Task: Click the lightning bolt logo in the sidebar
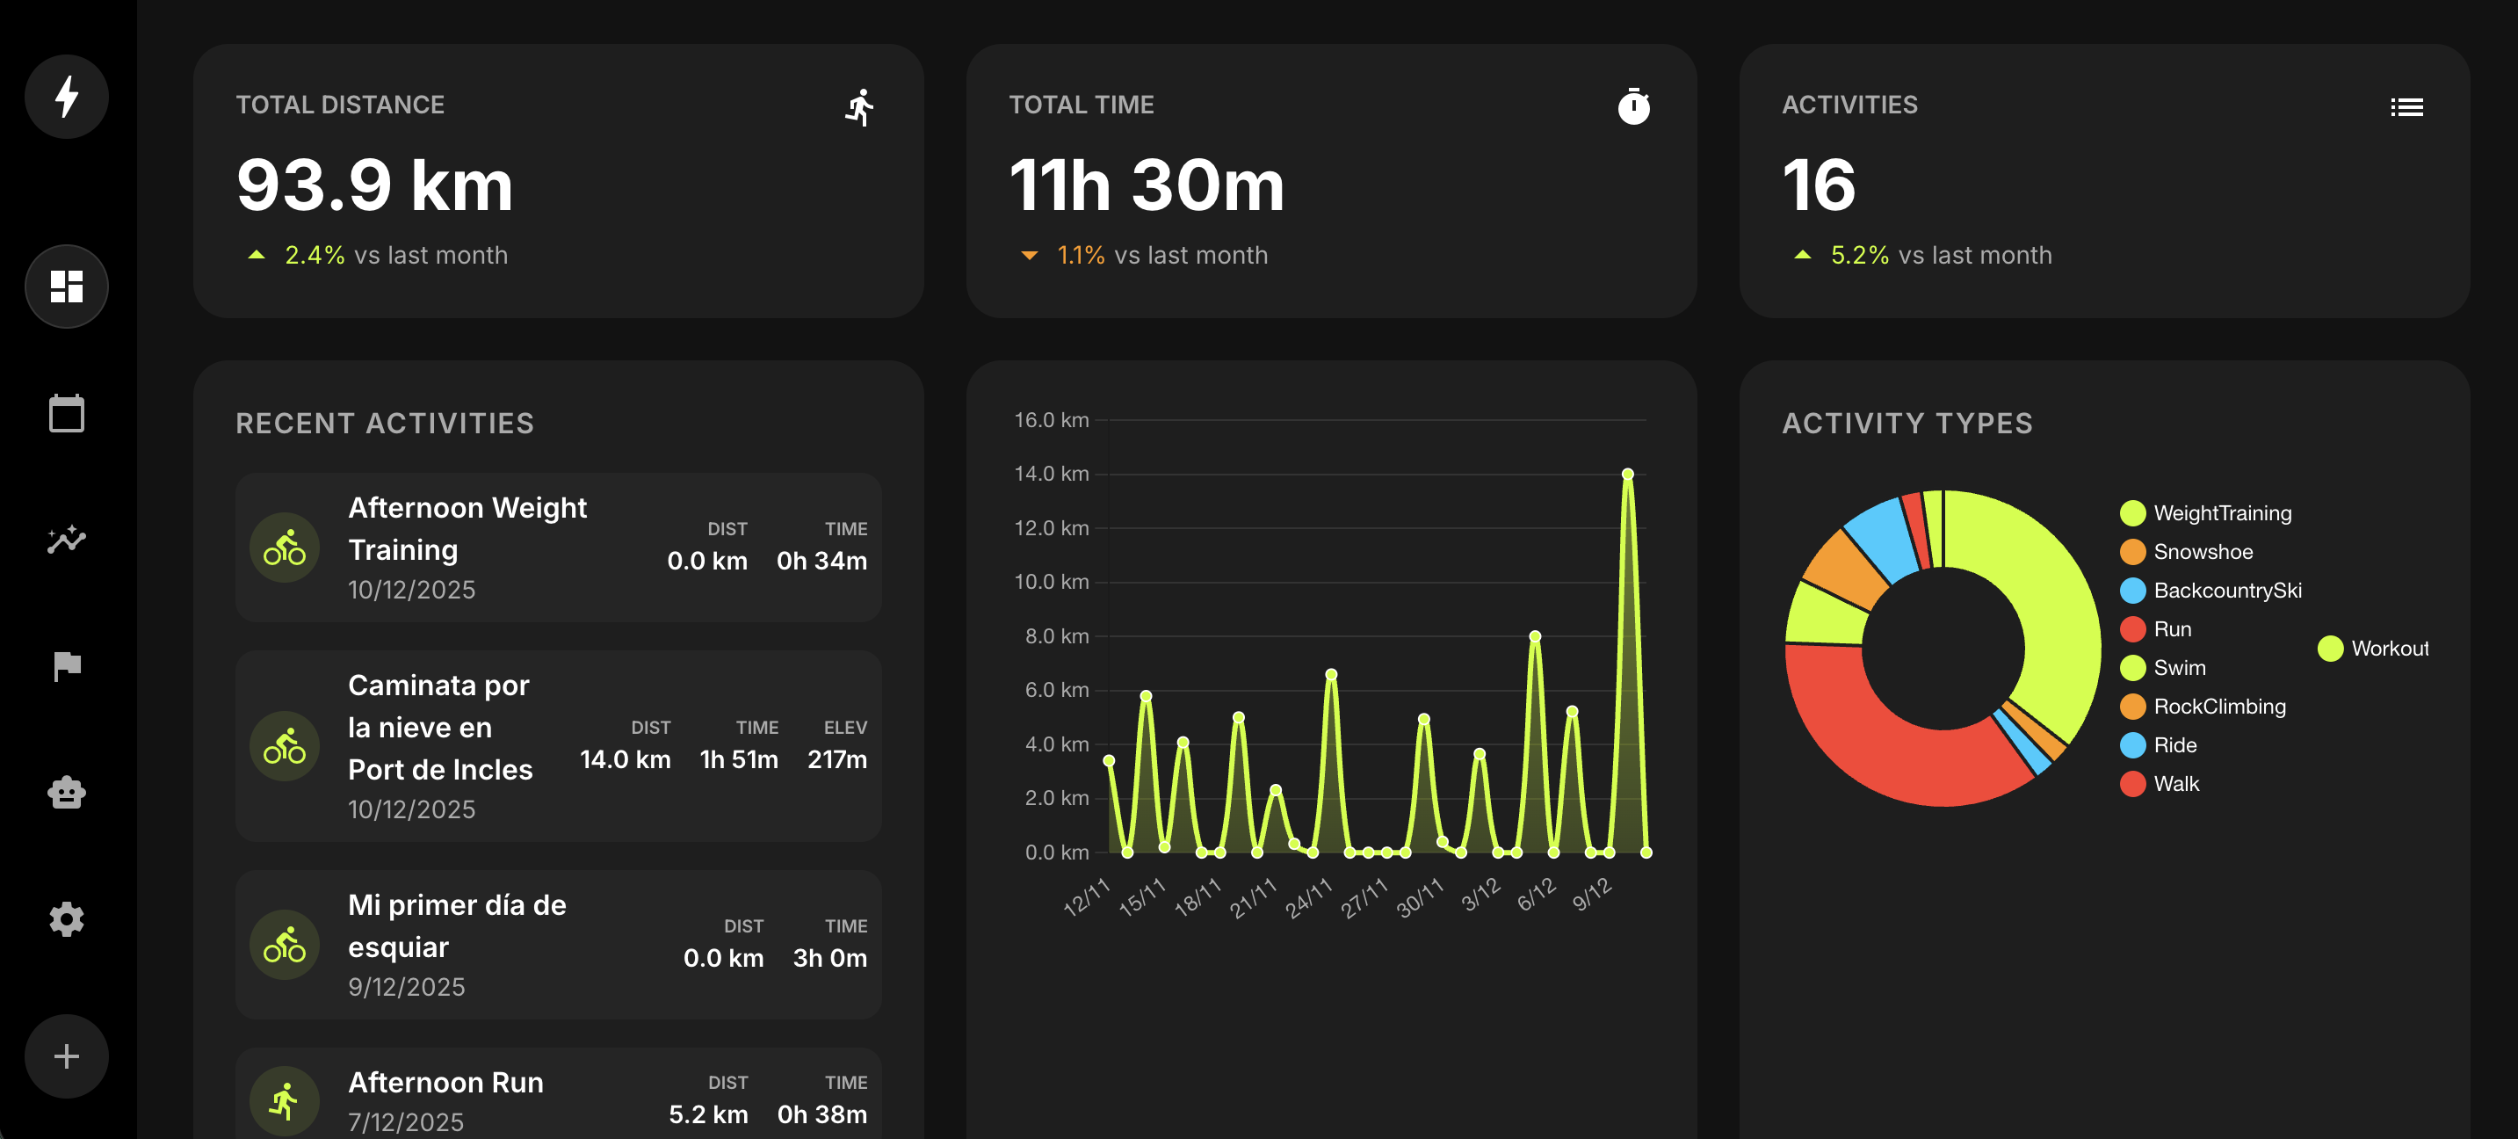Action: point(67,97)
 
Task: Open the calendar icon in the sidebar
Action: point(67,414)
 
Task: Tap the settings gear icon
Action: point(67,919)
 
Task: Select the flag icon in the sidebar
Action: point(67,667)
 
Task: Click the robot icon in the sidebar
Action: point(67,793)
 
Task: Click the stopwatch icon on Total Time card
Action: point(1633,106)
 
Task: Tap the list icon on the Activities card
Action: point(2406,106)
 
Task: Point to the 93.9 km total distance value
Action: point(374,185)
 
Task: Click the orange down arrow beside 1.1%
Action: point(1030,256)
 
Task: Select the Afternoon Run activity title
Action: point(445,1082)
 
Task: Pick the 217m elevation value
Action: point(836,759)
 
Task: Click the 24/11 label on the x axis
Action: point(1308,897)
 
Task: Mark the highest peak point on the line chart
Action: point(1627,475)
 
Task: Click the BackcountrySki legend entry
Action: point(2226,591)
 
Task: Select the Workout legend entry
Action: point(2388,649)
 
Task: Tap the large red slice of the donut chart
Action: point(1877,743)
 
